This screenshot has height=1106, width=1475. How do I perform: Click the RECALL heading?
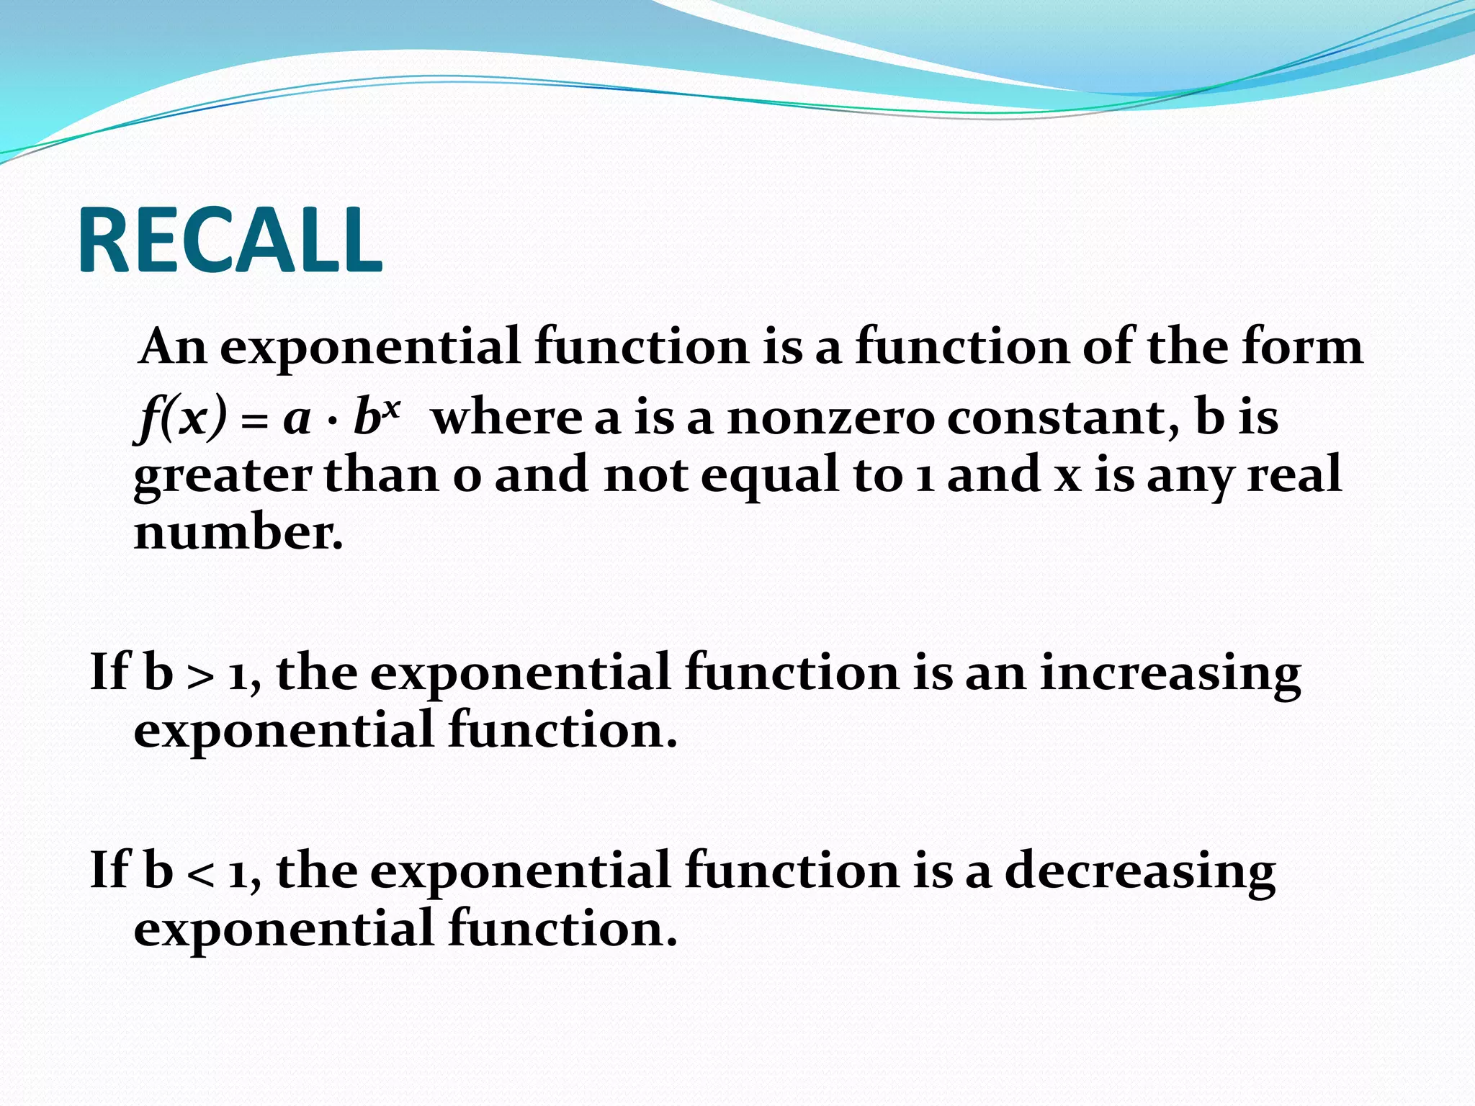230,240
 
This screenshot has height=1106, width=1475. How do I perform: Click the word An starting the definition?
173,347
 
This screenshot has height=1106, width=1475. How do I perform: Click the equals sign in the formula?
253,421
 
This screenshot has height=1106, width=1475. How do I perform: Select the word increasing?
1170,674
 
